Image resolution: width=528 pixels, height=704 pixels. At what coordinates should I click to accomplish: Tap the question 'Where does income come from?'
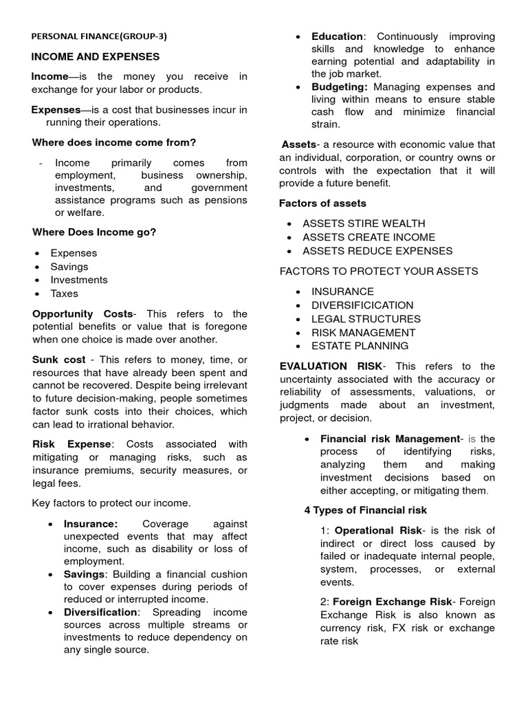pos(114,142)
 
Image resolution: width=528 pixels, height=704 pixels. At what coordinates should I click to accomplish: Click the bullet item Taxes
pos(65,294)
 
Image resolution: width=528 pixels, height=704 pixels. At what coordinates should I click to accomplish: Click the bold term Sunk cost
pos(59,360)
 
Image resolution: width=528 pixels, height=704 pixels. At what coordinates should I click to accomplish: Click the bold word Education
pos(337,36)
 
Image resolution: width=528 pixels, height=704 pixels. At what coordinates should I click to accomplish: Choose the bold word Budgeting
pos(340,87)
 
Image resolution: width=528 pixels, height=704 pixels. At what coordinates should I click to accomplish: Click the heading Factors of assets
pos(322,203)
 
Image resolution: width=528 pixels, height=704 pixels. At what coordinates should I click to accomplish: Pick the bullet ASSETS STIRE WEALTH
pos(364,223)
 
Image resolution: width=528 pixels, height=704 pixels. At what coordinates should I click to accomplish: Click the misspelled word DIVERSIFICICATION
pos(362,305)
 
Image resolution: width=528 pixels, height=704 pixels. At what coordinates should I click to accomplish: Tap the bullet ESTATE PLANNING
pos(360,346)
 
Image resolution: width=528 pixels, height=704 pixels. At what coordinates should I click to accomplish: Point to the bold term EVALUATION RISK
pos(329,366)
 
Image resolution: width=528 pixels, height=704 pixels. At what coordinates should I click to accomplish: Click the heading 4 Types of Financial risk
pos(366,510)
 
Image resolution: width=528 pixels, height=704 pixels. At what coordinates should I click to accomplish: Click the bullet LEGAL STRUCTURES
pos(366,319)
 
